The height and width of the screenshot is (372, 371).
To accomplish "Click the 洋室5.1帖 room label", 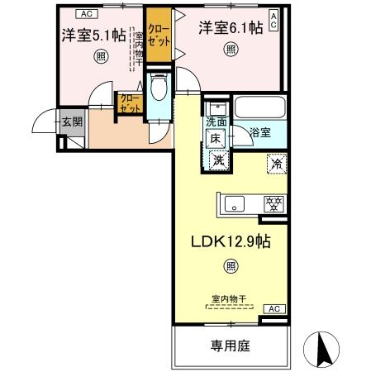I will pyautogui.click(x=93, y=36).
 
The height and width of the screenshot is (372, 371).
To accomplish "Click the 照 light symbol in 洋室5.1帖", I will pyautogui.click(x=100, y=55).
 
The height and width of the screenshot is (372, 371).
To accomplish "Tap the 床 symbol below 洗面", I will pyautogui.click(x=215, y=139).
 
